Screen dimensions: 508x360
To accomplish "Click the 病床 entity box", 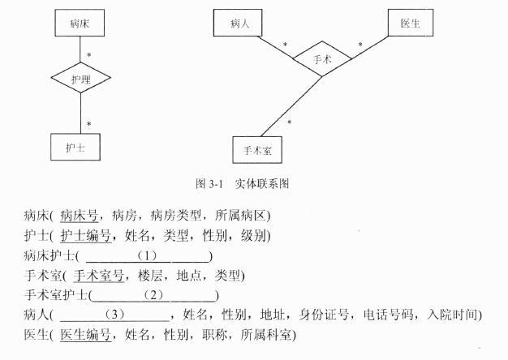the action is click(x=80, y=23).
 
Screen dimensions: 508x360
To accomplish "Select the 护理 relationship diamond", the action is click(x=80, y=78).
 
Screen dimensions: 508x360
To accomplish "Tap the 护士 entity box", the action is click(x=75, y=147).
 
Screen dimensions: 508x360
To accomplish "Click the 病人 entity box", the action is click(x=238, y=23).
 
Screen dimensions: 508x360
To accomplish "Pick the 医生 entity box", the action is click(x=411, y=23).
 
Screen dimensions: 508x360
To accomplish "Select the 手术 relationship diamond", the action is click(x=322, y=59).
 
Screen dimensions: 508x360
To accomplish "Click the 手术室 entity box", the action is click(x=257, y=150).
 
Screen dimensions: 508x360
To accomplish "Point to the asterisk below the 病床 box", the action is click(x=89, y=55).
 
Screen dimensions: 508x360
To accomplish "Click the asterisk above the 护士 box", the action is click(x=89, y=124).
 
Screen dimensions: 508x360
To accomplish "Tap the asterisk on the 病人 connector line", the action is click(x=285, y=45).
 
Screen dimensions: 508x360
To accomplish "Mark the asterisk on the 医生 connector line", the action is click(x=360, y=45).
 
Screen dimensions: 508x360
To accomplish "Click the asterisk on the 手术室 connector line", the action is click(x=290, y=122).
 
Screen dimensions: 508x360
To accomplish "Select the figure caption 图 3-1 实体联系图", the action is click(x=242, y=183).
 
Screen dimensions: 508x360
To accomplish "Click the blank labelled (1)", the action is click(x=148, y=256).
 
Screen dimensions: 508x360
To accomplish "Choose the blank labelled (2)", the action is click(x=153, y=295).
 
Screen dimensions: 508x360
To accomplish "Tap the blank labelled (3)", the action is click(x=114, y=315).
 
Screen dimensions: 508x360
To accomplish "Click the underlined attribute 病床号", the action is click(x=79, y=216).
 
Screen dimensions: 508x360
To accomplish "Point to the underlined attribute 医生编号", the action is click(x=85, y=334).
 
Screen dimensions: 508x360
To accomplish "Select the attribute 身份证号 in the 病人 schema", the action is click(x=324, y=315).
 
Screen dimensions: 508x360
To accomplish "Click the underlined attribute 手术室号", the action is click(x=99, y=276).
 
